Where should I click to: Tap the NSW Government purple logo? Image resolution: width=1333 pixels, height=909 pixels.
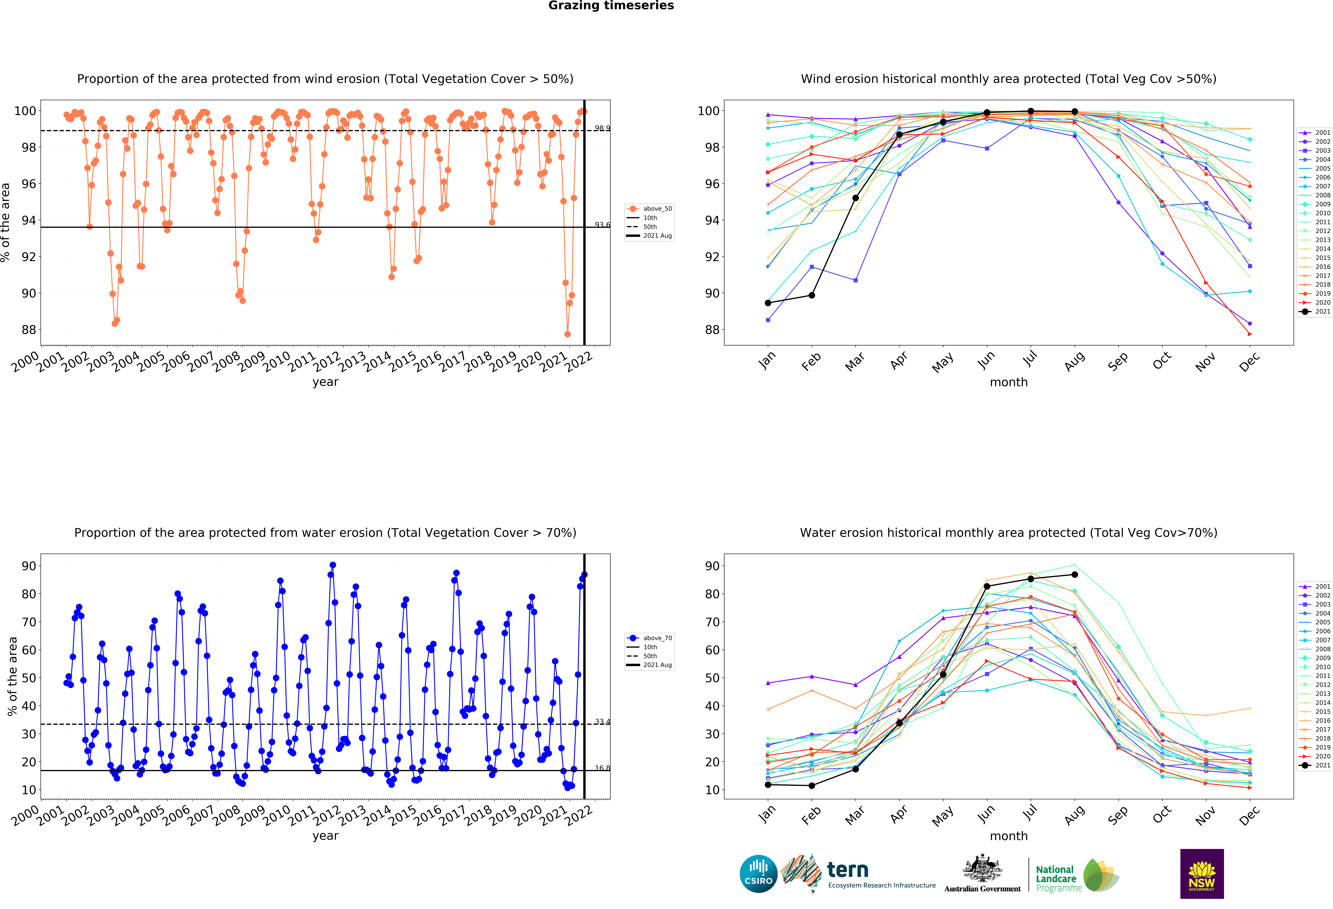(1202, 873)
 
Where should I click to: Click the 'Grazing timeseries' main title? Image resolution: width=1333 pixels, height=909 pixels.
(611, 6)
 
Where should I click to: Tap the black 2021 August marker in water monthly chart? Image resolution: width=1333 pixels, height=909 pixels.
(1074, 574)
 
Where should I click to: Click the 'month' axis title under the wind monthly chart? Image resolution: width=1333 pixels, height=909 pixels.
(1008, 382)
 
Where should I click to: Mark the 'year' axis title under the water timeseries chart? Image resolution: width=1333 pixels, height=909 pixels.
(325, 836)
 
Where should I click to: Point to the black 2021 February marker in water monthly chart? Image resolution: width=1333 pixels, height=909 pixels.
(812, 786)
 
